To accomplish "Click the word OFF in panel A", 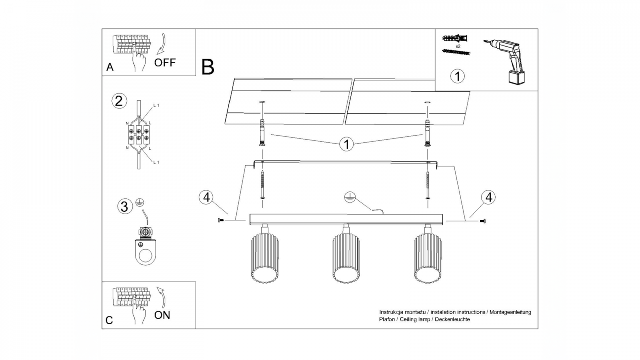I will click(x=165, y=62).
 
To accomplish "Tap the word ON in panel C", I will click(x=162, y=315).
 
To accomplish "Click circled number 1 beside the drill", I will click(x=457, y=76).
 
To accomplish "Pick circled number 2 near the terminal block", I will click(x=118, y=101).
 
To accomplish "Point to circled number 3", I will click(x=125, y=207).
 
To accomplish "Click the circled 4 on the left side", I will click(x=206, y=197).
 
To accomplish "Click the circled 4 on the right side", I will click(x=488, y=197).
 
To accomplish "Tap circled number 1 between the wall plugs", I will click(x=346, y=144).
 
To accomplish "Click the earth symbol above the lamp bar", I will click(x=350, y=197).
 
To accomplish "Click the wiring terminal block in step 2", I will click(x=139, y=134).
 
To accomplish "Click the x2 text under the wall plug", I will click(x=457, y=46).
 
